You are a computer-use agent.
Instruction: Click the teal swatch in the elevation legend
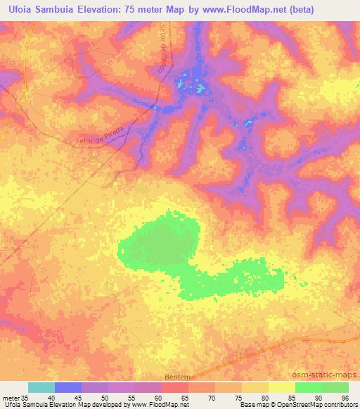(x=41, y=387)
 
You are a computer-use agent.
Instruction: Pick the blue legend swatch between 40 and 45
(x=68, y=387)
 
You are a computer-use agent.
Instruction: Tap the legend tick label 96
(x=345, y=397)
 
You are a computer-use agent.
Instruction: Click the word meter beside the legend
(x=9, y=397)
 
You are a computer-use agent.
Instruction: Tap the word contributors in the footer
(x=339, y=405)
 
